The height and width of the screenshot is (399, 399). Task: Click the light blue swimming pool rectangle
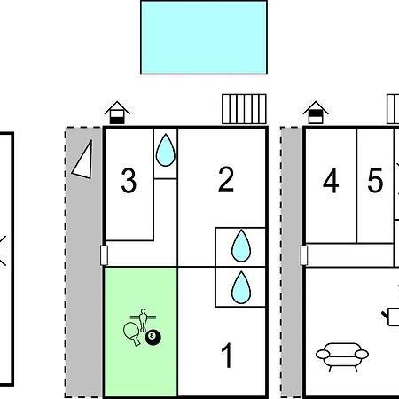tap(204, 37)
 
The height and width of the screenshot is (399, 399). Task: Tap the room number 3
tap(129, 181)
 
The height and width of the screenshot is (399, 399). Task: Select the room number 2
tap(226, 179)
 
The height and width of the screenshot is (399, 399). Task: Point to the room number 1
tap(227, 356)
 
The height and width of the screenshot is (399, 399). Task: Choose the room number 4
tap(331, 180)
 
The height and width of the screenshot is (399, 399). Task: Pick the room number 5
tap(375, 180)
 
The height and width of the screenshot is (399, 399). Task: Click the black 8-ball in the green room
tap(153, 337)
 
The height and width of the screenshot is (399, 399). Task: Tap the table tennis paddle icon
tap(131, 333)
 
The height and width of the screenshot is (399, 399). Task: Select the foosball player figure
tap(144, 320)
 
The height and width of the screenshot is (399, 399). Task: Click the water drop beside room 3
tap(166, 150)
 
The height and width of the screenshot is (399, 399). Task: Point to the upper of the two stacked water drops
tap(241, 246)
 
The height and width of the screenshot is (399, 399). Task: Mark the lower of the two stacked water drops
tap(241, 287)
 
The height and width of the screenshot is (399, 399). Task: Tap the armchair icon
tap(342, 356)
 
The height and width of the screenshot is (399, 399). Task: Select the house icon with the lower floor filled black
tap(117, 113)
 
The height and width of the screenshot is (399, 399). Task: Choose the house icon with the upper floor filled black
tap(316, 113)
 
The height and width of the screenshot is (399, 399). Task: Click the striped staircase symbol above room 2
tap(244, 109)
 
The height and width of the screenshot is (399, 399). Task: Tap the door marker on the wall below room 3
tap(104, 255)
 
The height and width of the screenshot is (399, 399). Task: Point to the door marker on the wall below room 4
tap(304, 255)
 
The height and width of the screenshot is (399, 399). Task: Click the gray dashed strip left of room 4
tap(291, 262)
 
